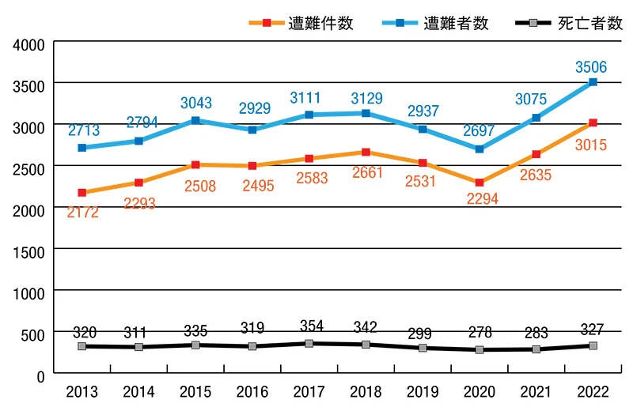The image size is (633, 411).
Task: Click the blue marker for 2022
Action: [x=593, y=82]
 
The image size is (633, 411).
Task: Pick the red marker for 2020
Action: [x=479, y=183]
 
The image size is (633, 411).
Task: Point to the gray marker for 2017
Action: [x=309, y=344]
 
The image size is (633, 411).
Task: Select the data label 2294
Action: [x=482, y=199]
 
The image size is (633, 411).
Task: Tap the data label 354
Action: [x=309, y=326]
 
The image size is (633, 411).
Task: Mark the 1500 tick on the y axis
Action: [x=29, y=249]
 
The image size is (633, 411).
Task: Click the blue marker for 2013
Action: [x=82, y=148]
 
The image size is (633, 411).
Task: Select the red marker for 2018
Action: [x=366, y=152]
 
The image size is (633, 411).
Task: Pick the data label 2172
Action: [x=82, y=212]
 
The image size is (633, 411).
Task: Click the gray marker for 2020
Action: [x=479, y=350]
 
